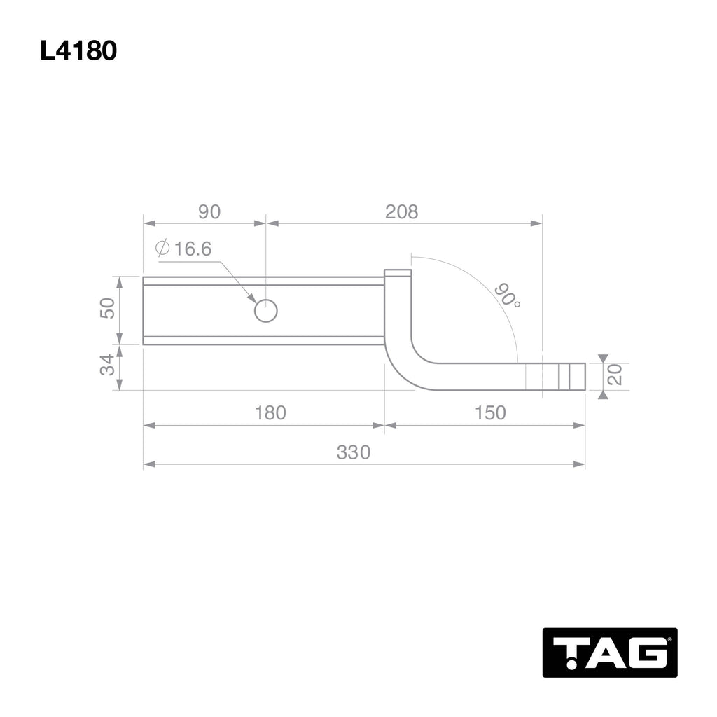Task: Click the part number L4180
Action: (78, 51)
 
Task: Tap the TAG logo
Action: (609, 652)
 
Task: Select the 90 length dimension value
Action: (209, 211)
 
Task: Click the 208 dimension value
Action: (401, 211)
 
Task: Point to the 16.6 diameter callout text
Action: (193, 249)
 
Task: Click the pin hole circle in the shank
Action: (266, 310)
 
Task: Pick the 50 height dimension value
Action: (107, 309)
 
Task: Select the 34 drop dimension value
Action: (107, 366)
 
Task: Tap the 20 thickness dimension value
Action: (615, 375)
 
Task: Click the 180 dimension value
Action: (270, 413)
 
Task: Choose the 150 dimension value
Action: (489, 413)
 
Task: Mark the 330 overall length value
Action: (353, 452)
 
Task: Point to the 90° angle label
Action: (508, 295)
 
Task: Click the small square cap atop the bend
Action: (397, 273)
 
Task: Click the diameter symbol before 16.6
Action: (163, 249)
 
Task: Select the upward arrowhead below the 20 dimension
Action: (603, 395)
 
